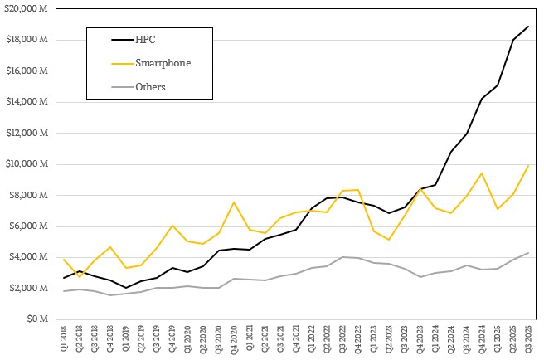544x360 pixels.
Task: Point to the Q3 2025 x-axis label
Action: tap(527, 338)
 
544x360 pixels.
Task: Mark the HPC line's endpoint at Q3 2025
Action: tap(527, 26)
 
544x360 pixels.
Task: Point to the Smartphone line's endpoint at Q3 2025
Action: tap(527, 165)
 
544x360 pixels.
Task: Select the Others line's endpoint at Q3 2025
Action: tap(527, 253)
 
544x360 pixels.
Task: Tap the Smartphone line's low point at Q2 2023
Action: tap(388, 240)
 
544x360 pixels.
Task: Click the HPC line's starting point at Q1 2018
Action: tap(65, 278)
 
